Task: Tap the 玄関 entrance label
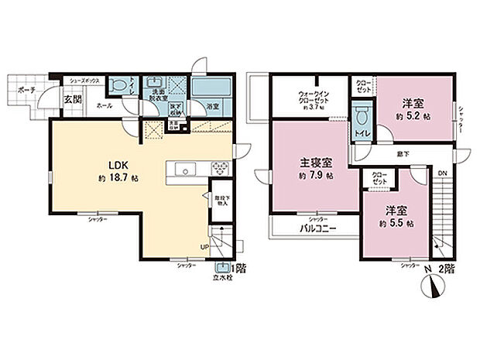(72, 98)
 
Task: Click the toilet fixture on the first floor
(118, 86)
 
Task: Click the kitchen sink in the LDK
(184, 168)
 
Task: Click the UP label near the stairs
(204, 248)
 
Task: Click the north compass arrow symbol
(432, 286)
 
